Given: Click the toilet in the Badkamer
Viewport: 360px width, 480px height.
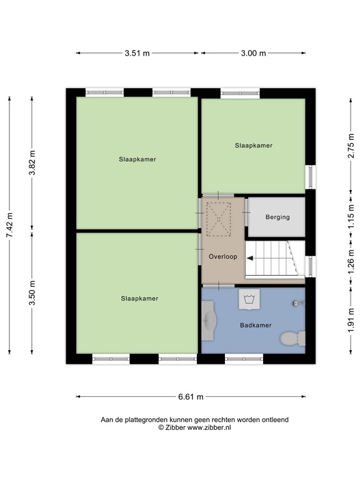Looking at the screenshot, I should pyautogui.click(x=291, y=338).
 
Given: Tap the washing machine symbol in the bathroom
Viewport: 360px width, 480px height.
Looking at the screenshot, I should pyautogui.click(x=249, y=299).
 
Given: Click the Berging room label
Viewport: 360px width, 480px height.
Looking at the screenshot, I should pyautogui.click(x=277, y=217).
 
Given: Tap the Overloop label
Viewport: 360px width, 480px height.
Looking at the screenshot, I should pyautogui.click(x=222, y=256).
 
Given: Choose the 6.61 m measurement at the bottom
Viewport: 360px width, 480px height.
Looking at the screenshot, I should pyautogui.click(x=191, y=397).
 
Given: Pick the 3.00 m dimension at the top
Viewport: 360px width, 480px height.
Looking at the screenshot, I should pyautogui.click(x=253, y=54).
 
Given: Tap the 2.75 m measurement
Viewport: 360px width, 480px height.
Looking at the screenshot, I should pyautogui.click(x=351, y=147).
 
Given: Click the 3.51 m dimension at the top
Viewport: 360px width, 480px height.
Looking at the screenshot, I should pyautogui.click(x=137, y=54).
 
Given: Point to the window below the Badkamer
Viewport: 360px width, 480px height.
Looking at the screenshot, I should pyautogui.click(x=244, y=359).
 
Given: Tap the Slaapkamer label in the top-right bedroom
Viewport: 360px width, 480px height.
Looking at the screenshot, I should pyautogui.click(x=254, y=146).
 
